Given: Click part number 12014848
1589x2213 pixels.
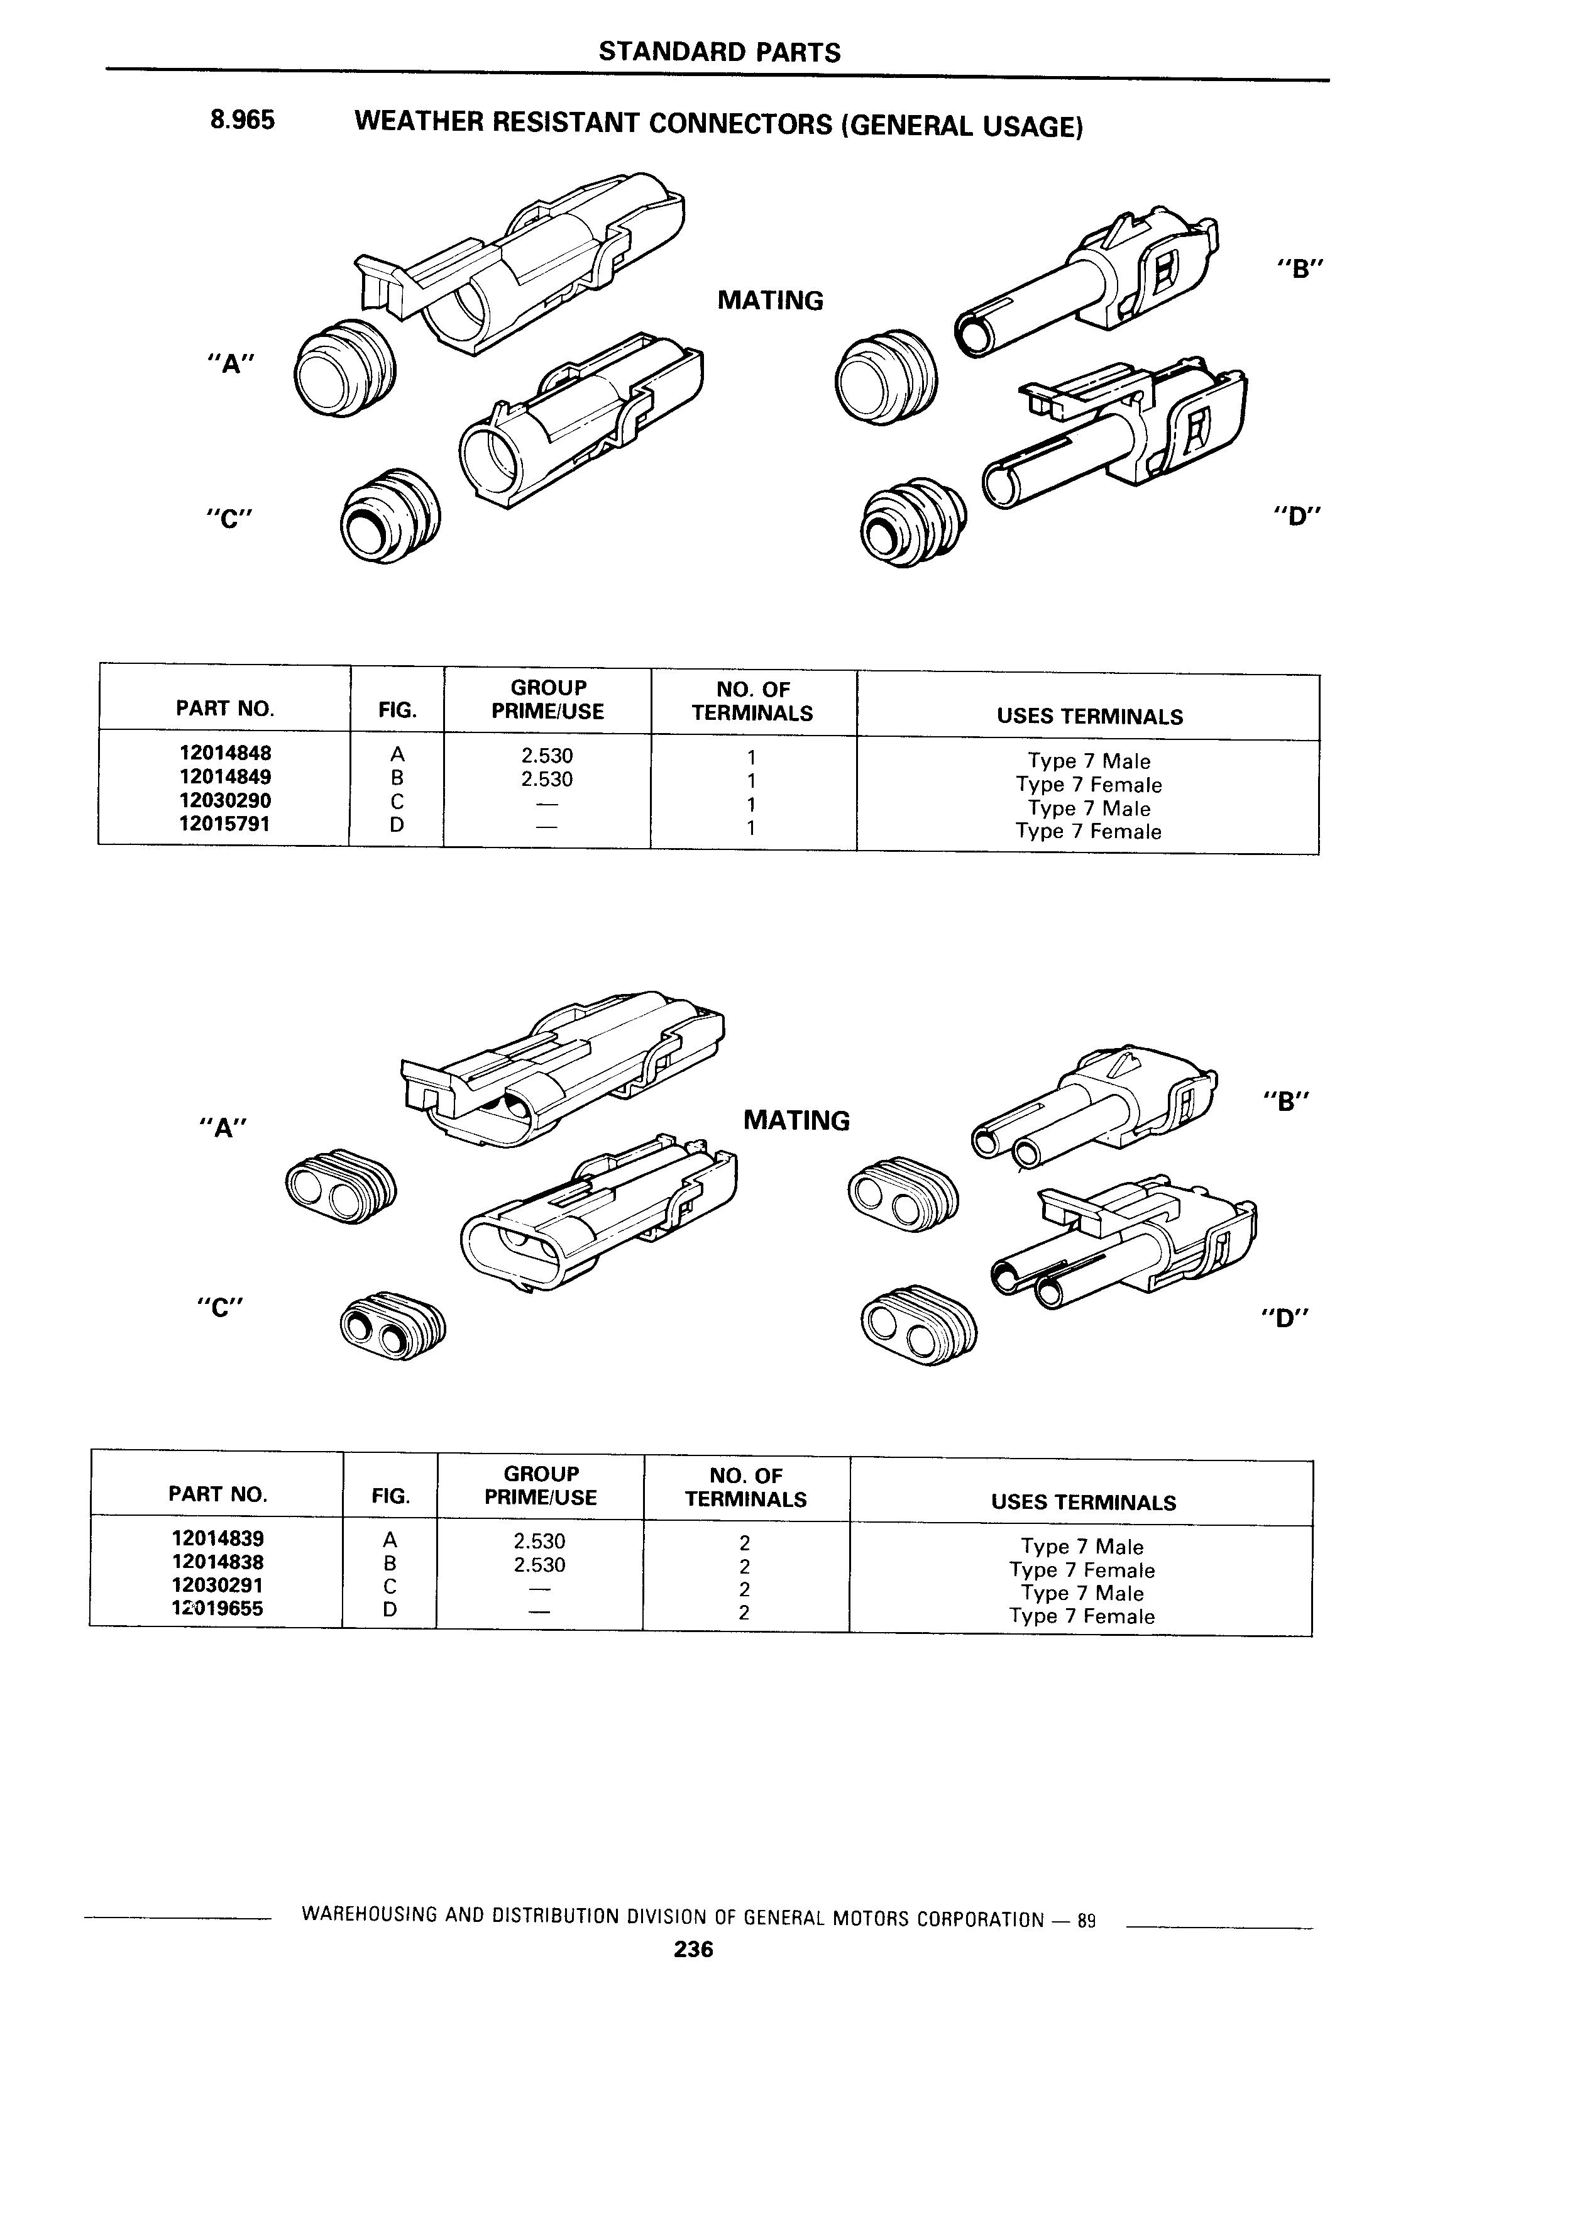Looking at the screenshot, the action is pyautogui.click(x=224, y=753).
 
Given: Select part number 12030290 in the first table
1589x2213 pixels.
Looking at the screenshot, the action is pyautogui.click(x=224, y=801).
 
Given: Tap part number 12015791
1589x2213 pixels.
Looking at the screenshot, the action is pyautogui.click(x=224, y=824).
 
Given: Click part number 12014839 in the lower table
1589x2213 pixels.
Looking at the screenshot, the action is pyautogui.click(x=217, y=1539).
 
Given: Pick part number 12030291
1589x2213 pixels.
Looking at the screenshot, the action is pyautogui.click(x=217, y=1586).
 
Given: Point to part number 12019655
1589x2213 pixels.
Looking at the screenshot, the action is pyautogui.click(x=217, y=1609).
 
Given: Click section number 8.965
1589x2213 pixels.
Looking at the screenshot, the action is pyautogui.click(x=242, y=120).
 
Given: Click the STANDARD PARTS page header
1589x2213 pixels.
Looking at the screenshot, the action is pyautogui.click(x=719, y=52).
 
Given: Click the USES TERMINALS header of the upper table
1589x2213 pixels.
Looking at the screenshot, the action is pyautogui.click(x=1089, y=716).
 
